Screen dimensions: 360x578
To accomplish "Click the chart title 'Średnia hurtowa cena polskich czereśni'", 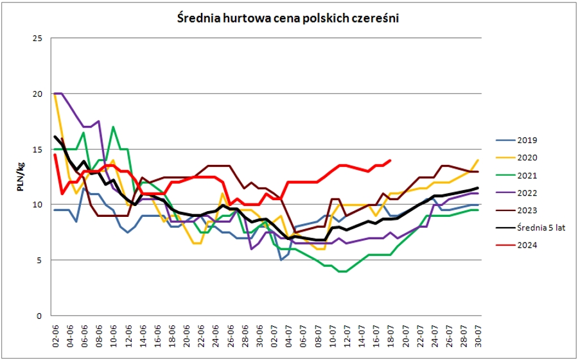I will pyautogui.click(x=288, y=19).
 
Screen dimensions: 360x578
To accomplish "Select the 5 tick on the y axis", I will pyautogui.click(x=40, y=261).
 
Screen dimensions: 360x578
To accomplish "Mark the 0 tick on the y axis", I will pyautogui.click(x=40, y=316).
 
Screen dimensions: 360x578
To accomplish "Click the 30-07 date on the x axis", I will pyautogui.click(x=478, y=336).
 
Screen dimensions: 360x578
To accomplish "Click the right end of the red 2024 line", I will pyautogui.click(x=390, y=160).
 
